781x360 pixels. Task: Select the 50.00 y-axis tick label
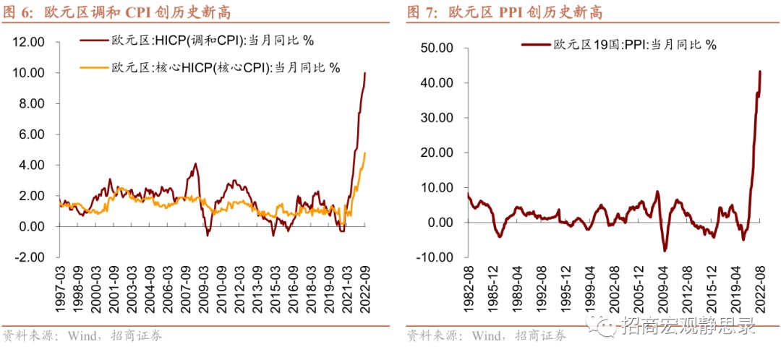pyautogui.click(x=436, y=48)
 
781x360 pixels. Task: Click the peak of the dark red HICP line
pyautogui.click(x=365, y=72)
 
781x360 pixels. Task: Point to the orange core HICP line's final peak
pyautogui.click(x=365, y=153)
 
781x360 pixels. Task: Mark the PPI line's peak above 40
pyautogui.click(x=760, y=71)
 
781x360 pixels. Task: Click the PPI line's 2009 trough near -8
pyautogui.click(x=664, y=251)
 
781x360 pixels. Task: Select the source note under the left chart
pyautogui.click(x=82, y=336)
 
